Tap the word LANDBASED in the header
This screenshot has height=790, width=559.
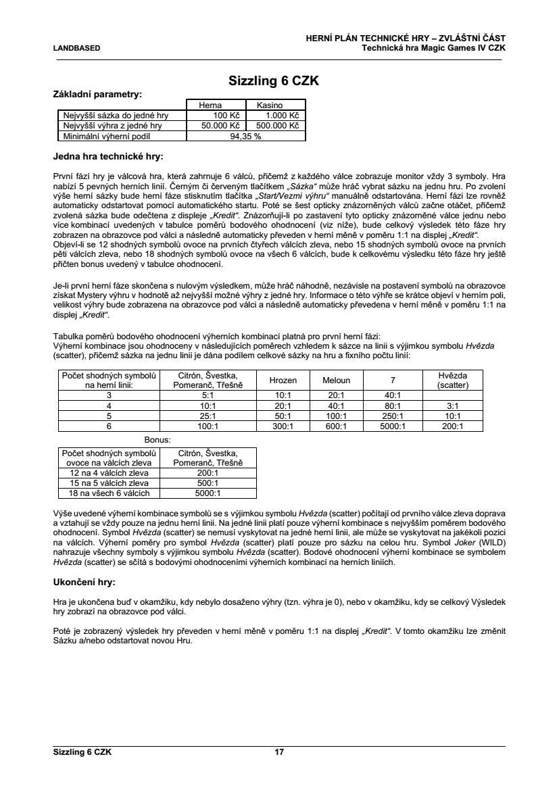[76, 49]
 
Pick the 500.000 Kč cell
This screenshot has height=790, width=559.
[276, 126]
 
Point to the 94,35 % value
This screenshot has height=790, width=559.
[245, 136]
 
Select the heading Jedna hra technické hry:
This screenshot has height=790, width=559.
[108, 157]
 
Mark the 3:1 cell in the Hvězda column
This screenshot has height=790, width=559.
[453, 405]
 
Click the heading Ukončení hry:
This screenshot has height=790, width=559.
[84, 581]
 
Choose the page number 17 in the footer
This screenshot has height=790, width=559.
[279, 752]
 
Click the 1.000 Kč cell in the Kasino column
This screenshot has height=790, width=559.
[276, 116]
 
